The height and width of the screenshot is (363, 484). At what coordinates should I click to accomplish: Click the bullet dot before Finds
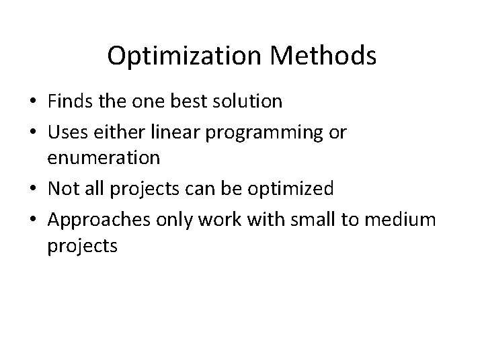tap(32, 103)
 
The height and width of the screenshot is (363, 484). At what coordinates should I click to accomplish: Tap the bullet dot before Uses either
tap(32, 133)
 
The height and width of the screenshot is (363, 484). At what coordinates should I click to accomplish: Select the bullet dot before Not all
tap(32, 189)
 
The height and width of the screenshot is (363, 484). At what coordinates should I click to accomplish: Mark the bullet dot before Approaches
tap(32, 220)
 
